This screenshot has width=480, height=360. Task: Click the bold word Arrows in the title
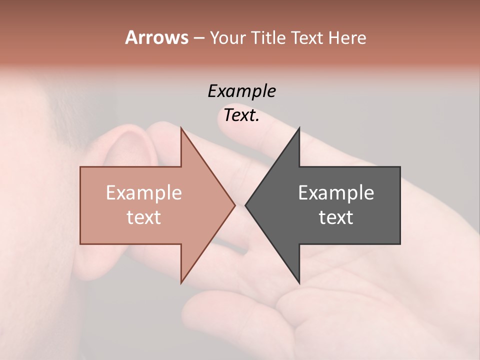click(x=156, y=37)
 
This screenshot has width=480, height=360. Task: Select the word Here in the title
click(x=347, y=37)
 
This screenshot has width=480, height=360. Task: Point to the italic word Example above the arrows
click(x=242, y=91)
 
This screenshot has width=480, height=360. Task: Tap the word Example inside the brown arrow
click(x=144, y=192)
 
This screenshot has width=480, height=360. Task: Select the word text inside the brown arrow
click(x=144, y=217)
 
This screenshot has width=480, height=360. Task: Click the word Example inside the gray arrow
click(x=336, y=192)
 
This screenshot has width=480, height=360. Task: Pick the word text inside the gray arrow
click(x=336, y=217)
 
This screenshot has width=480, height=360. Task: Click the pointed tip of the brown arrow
click(x=234, y=205)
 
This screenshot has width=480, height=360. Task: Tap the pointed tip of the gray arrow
click(x=246, y=205)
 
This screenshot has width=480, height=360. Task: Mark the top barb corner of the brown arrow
click(x=181, y=128)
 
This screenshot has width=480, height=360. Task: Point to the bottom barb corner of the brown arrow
click(x=181, y=282)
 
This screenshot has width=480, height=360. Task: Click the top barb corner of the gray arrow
click(x=299, y=128)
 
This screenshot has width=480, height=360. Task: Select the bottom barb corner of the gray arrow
click(x=299, y=282)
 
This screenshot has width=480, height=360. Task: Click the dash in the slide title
click(x=198, y=38)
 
